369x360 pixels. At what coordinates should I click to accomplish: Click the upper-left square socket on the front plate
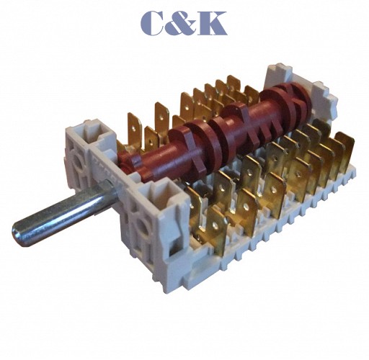(99, 132)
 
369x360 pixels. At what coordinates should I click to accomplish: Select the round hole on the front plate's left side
(77, 161)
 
